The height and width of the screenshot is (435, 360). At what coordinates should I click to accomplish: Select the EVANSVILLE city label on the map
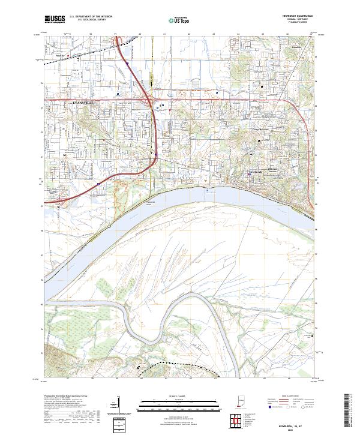75,103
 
